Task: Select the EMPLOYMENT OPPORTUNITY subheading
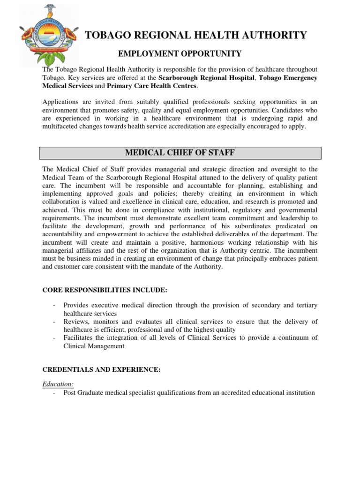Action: pos(180,54)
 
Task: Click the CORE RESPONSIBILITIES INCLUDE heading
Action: pos(105,291)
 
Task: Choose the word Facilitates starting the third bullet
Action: pos(79,337)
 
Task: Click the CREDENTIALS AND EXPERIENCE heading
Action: pos(101,370)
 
